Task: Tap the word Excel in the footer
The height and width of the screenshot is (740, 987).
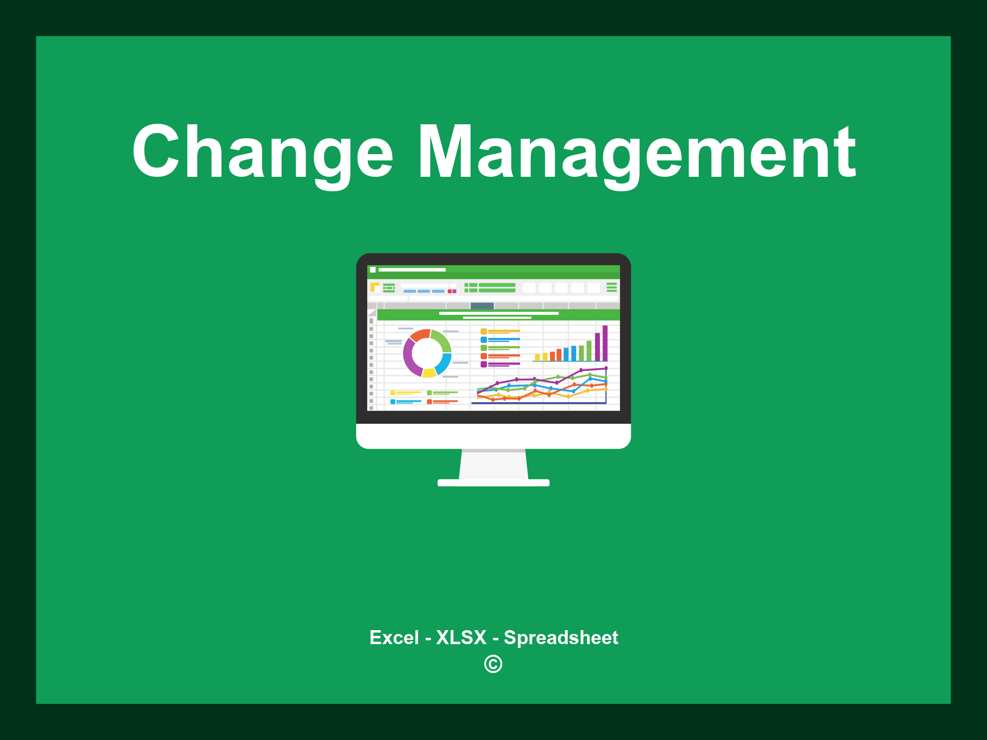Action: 394,637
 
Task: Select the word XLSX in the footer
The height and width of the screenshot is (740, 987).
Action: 461,637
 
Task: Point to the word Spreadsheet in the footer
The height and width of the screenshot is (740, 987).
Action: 561,638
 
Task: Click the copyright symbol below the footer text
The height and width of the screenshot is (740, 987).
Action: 493,664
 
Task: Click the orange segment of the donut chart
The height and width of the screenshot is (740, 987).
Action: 420,335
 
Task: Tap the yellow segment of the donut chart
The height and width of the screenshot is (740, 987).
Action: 429,373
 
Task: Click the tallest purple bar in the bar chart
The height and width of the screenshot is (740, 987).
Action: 605,343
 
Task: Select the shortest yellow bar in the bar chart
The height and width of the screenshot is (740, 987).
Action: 537,357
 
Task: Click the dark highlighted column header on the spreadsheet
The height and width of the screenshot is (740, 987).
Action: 482,306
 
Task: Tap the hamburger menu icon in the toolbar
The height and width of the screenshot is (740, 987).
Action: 612,287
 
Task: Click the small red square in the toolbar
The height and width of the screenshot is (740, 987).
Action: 450,291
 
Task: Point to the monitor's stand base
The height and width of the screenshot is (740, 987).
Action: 493,483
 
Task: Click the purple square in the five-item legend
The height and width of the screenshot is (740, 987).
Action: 483,364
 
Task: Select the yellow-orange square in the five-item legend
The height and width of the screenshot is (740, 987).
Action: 483,331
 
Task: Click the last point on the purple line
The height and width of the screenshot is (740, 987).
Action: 606,368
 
